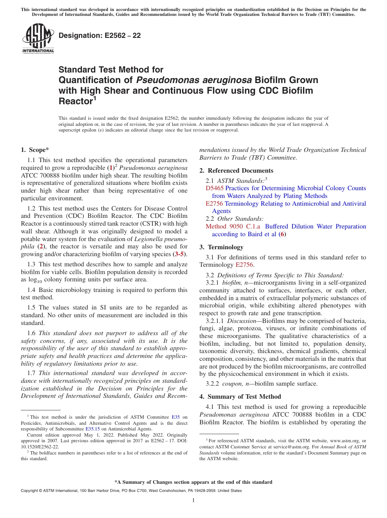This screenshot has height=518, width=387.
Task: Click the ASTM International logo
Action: (x=38, y=39)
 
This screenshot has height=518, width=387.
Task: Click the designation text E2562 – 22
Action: (x=100, y=35)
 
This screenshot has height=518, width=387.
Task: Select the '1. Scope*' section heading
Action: (x=35, y=150)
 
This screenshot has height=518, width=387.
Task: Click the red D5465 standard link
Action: (x=214, y=188)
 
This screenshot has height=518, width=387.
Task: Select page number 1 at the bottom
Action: (x=193, y=500)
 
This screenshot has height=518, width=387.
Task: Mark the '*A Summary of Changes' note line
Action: (x=193, y=482)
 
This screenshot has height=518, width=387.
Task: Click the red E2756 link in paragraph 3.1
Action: (x=245, y=265)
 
